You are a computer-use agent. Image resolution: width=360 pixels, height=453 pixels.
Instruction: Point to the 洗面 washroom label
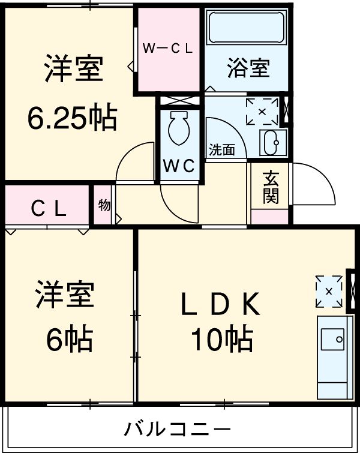click(x=221, y=150)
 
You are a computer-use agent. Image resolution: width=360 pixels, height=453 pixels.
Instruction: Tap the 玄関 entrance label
click(x=271, y=187)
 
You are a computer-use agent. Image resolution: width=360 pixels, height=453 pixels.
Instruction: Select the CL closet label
click(x=49, y=208)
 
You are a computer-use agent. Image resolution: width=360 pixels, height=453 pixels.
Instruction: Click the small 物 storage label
click(x=104, y=205)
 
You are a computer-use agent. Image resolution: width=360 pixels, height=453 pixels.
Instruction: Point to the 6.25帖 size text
click(x=71, y=118)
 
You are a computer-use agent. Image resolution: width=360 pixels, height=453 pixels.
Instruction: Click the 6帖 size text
click(x=70, y=340)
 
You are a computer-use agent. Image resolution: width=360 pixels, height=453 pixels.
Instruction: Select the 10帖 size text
click(x=221, y=340)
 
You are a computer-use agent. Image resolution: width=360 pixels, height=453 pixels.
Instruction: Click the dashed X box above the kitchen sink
click(x=329, y=291)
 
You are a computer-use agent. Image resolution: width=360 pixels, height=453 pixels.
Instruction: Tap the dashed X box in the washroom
click(x=262, y=112)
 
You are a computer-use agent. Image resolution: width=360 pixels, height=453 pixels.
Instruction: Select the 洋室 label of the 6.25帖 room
click(x=73, y=70)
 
